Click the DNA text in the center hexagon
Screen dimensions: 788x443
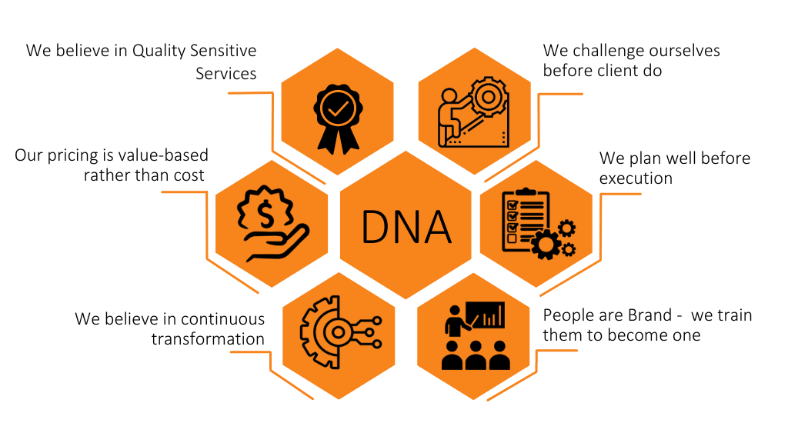point(406,227)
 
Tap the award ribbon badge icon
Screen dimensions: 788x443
point(338,119)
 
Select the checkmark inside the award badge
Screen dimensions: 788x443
point(338,108)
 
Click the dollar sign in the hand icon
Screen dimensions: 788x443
point(265,214)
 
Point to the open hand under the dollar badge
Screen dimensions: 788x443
point(276,243)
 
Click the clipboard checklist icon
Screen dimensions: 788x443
point(525,220)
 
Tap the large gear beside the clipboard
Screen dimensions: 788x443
point(546,245)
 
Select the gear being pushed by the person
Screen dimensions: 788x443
point(488,96)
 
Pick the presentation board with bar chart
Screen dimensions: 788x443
point(485,315)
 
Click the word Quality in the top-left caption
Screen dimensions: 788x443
point(159,52)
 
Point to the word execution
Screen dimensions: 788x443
point(636,178)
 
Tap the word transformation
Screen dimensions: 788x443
point(208,339)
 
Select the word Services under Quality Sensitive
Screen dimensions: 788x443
point(226,74)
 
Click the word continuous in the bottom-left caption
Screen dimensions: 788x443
point(222,319)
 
